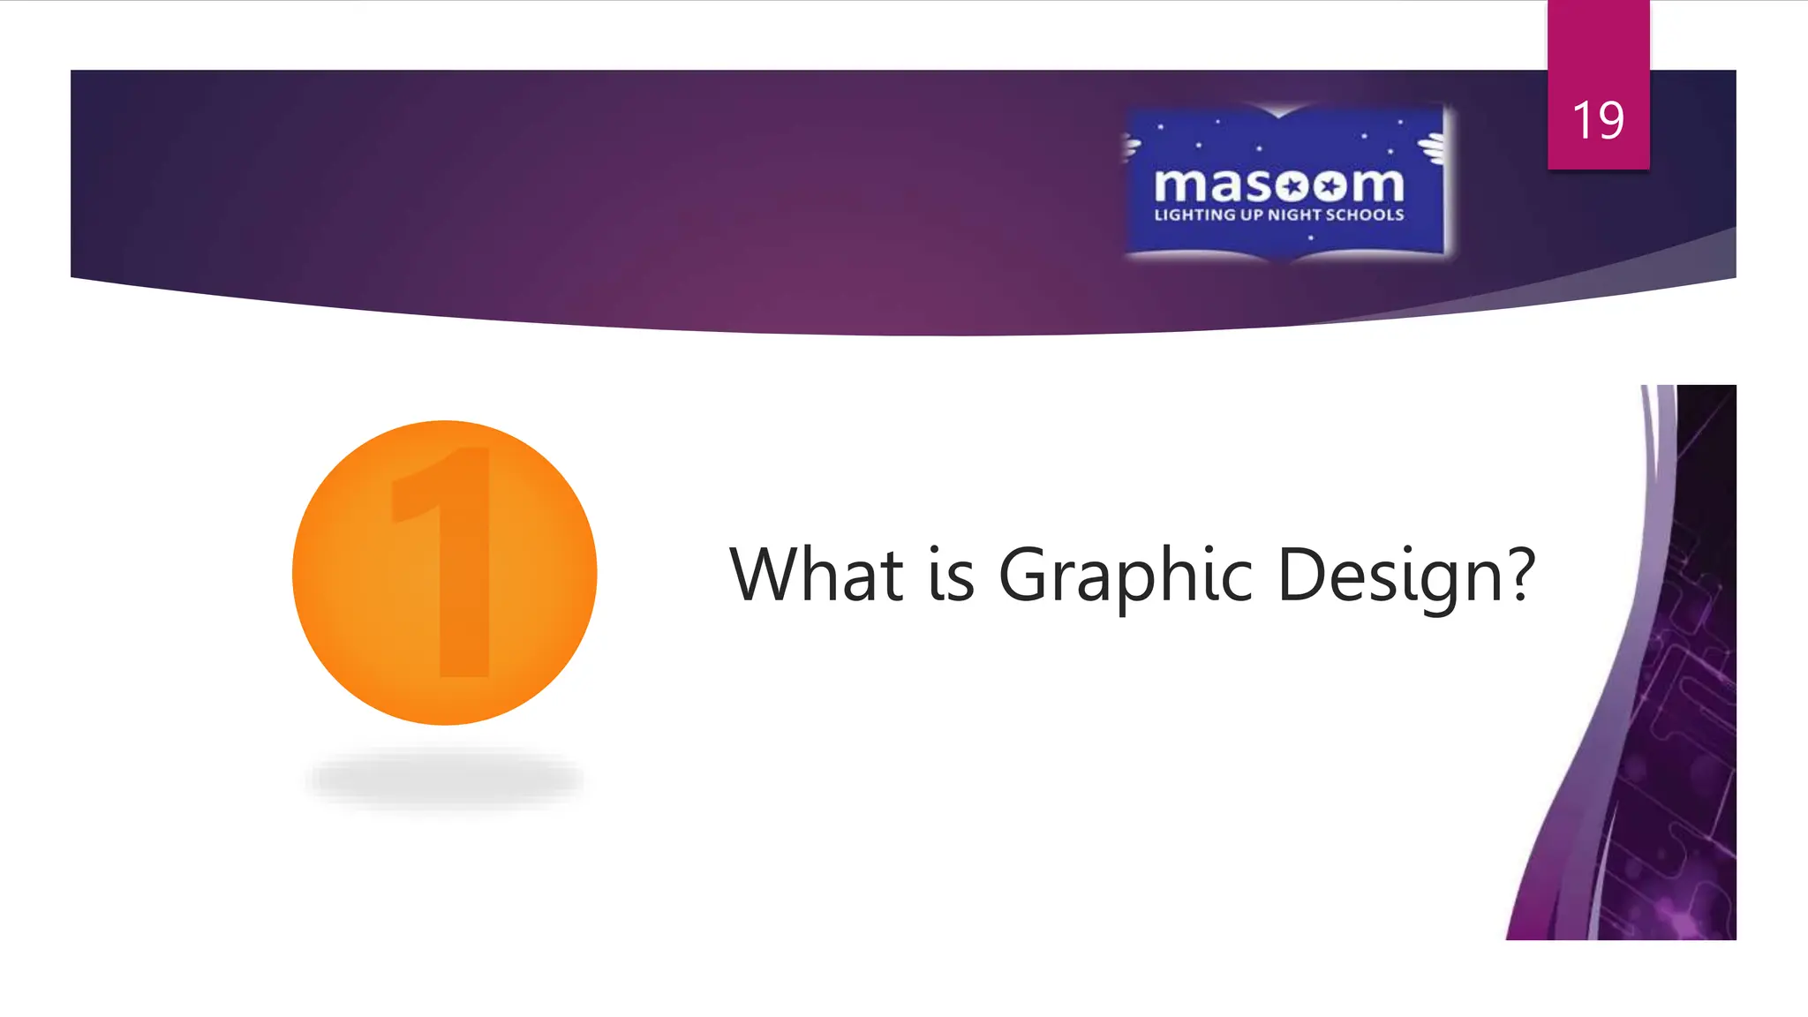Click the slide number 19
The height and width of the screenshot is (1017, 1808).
click(1598, 120)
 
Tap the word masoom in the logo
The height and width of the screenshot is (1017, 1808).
click(1278, 185)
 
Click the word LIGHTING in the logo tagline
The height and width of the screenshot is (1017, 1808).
click(1195, 215)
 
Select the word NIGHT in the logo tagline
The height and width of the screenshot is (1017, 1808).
click(1295, 215)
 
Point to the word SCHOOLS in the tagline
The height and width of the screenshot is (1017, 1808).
click(1365, 215)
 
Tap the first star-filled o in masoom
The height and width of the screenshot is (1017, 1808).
click(1293, 185)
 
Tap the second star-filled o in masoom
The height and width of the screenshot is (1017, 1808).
click(1329, 185)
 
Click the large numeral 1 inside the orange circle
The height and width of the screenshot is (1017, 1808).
click(450, 565)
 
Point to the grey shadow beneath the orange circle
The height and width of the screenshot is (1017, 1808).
click(445, 779)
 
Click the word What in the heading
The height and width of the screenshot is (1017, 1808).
click(817, 575)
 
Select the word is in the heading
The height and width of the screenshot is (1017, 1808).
click(951, 575)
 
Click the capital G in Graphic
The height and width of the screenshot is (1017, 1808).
click(1024, 575)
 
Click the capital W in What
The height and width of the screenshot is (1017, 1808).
click(765, 575)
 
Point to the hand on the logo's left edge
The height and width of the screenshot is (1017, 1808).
click(1130, 147)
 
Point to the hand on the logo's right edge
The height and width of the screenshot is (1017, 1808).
click(1432, 147)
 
